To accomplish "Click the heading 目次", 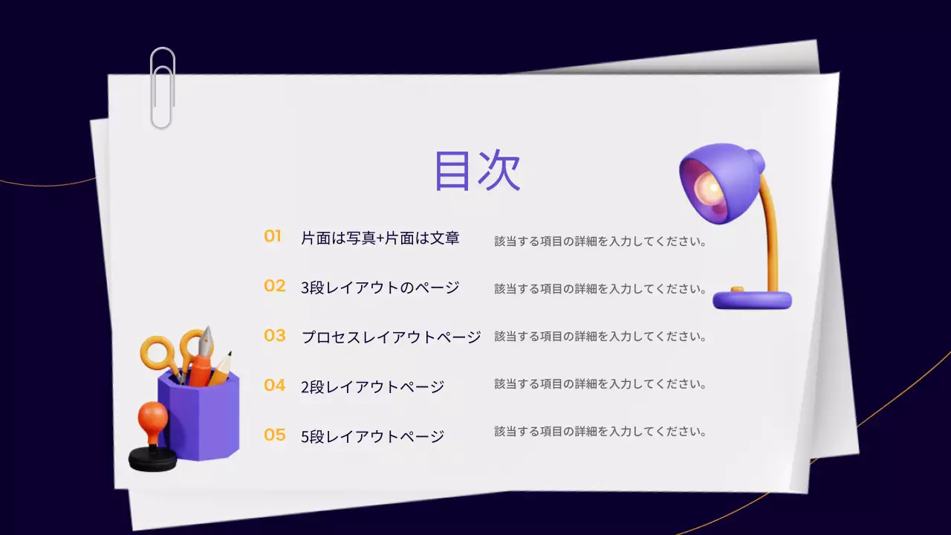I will coord(477,171).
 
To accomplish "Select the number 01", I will coord(273,236).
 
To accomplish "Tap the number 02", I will coord(274,286).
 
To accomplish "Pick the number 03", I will coord(274,336).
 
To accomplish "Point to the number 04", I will coord(274,386).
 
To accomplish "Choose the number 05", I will coord(274,435).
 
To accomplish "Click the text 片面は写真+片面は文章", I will coord(380,238).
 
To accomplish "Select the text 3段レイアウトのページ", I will coord(380,288).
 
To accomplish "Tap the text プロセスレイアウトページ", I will coord(391,337).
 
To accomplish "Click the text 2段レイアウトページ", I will coord(372,387).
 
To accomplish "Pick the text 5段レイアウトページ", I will coord(372,437).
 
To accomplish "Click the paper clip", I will coord(162,88).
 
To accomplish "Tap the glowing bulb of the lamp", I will coord(711,190).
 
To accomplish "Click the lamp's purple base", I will coord(752,300).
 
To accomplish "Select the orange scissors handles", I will coord(160,353).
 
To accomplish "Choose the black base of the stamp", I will coord(152,459).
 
